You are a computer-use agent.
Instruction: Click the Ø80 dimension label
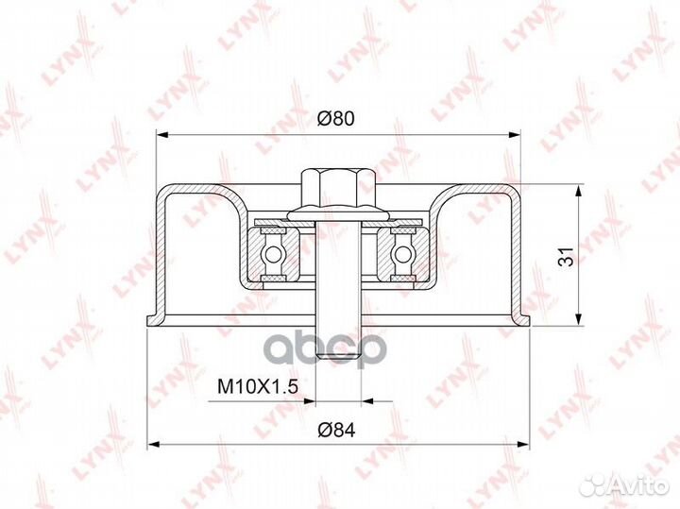[x=335, y=118]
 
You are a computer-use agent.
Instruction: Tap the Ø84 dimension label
[x=336, y=430]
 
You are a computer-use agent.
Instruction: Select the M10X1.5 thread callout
[x=258, y=386]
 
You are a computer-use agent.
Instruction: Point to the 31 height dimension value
[x=566, y=257]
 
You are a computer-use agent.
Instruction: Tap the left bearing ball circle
[x=273, y=254]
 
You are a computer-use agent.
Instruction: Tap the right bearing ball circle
[x=402, y=254]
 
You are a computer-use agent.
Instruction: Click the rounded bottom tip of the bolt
[x=338, y=355]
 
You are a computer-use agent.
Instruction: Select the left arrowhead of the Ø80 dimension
[x=161, y=135]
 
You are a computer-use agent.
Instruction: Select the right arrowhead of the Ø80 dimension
[x=515, y=135]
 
